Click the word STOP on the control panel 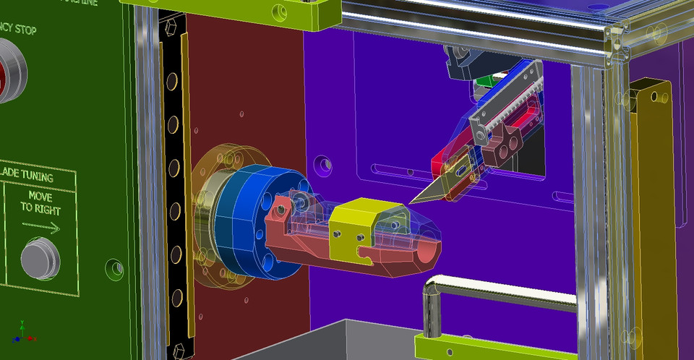coord(22,30)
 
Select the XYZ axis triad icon coord(22,333)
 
